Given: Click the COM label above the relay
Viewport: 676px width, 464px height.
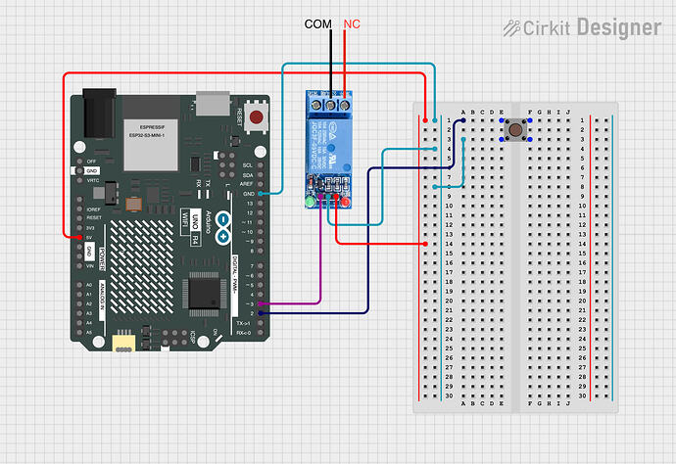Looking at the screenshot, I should (317, 23).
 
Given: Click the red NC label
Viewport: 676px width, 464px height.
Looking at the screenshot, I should (351, 23).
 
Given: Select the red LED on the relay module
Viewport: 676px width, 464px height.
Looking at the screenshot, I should (344, 203).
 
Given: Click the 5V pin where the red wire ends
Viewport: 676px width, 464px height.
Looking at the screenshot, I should (80, 237).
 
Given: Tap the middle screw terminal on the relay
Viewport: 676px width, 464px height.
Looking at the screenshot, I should (330, 101).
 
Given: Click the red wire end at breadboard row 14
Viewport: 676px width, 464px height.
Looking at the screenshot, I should (425, 243).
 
